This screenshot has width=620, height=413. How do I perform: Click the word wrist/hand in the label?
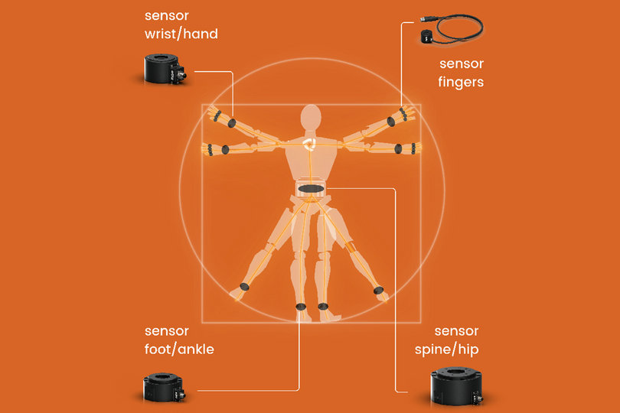click(x=181, y=34)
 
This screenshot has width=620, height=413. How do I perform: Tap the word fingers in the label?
click(x=461, y=82)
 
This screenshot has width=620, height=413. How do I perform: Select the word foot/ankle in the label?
click(x=179, y=349)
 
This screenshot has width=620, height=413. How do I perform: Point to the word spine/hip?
click(x=446, y=350)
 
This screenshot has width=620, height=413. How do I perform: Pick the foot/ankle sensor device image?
click(x=164, y=386)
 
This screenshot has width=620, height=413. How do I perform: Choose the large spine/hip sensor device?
click(x=457, y=386)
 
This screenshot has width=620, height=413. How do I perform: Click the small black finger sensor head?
click(x=426, y=37)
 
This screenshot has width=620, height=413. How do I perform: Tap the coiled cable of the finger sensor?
click(x=458, y=28)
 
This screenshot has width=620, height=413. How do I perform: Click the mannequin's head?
click(x=311, y=117)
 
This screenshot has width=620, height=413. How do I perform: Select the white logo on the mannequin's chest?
click(x=308, y=144)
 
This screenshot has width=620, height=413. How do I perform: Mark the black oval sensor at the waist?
click(x=312, y=189)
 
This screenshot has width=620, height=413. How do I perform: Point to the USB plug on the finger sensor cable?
click(x=426, y=18)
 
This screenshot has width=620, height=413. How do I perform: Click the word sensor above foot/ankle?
click(x=166, y=331)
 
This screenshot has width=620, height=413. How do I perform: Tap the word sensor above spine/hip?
click(x=456, y=331)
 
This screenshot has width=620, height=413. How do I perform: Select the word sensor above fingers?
click(x=462, y=64)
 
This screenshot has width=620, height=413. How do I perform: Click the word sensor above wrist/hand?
click(x=166, y=16)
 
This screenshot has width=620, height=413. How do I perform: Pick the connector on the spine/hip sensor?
click(x=478, y=396)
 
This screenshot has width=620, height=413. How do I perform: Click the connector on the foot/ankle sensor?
click(x=181, y=394)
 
